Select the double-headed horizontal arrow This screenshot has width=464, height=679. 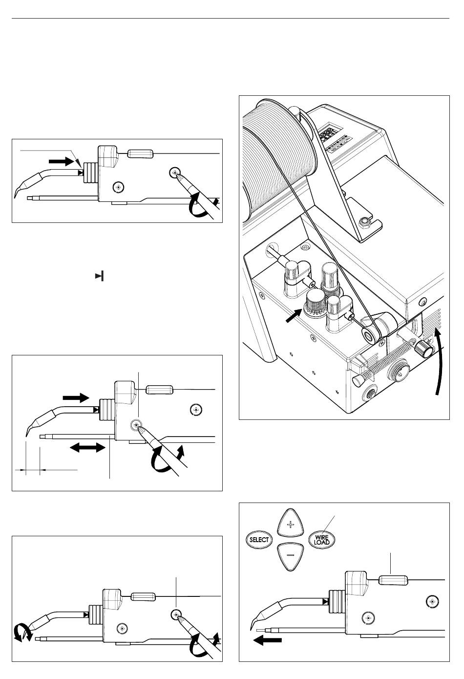tap(87, 447)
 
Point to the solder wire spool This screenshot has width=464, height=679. tap(278, 152)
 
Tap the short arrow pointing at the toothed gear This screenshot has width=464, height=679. tap(294, 316)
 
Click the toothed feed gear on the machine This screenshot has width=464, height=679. tap(316, 304)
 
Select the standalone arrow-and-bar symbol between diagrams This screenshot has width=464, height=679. tap(100, 276)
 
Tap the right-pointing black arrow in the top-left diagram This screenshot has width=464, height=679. tap(62, 162)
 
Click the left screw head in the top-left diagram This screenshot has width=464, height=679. tap(118, 188)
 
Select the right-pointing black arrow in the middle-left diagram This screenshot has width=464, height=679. tap(76, 397)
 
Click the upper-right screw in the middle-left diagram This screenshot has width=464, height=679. tap(196, 410)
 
